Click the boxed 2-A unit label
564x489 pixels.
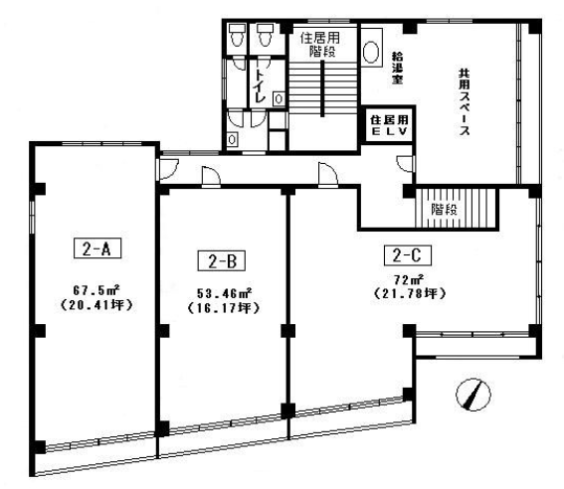[97, 248]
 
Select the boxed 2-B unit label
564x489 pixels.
[222, 260]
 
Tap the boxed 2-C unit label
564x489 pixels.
[408, 255]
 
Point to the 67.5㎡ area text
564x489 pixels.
[96, 289]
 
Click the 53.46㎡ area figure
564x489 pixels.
[224, 293]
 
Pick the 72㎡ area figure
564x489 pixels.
[409, 279]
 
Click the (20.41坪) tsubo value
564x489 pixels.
[96, 305]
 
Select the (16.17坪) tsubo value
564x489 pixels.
[224, 308]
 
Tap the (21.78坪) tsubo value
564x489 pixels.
[410, 293]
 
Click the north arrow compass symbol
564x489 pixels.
[473, 395]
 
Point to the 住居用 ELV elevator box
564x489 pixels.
[389, 125]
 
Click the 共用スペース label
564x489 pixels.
[465, 102]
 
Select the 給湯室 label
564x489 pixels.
[398, 69]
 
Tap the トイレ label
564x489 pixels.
[260, 85]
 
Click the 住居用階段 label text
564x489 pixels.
[320, 45]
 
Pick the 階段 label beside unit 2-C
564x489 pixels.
[444, 209]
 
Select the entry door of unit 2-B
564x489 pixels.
[211, 177]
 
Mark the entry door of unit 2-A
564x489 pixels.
[167, 169]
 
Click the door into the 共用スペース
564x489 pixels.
[406, 163]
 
